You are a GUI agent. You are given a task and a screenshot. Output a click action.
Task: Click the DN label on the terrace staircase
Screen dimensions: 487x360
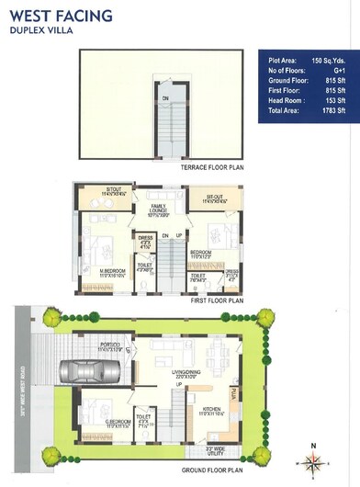[x=165, y=97]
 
